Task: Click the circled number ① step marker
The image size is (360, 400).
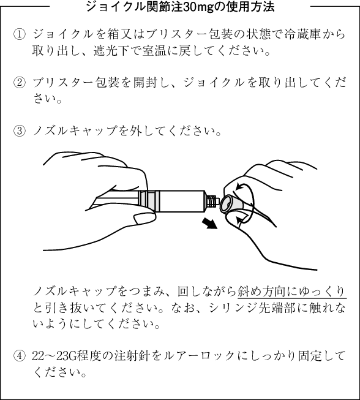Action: tap(20, 35)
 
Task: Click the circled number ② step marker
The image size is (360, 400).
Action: tap(20, 83)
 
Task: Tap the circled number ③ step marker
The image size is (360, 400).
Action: tap(20, 131)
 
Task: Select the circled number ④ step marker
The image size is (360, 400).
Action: tap(20, 356)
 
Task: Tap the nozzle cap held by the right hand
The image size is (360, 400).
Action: tap(231, 204)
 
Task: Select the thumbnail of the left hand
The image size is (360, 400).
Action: tap(144, 218)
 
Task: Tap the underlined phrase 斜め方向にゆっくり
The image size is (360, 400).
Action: tap(292, 292)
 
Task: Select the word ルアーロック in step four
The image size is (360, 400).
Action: tap(200, 356)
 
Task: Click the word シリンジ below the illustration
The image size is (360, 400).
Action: tap(234, 308)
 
